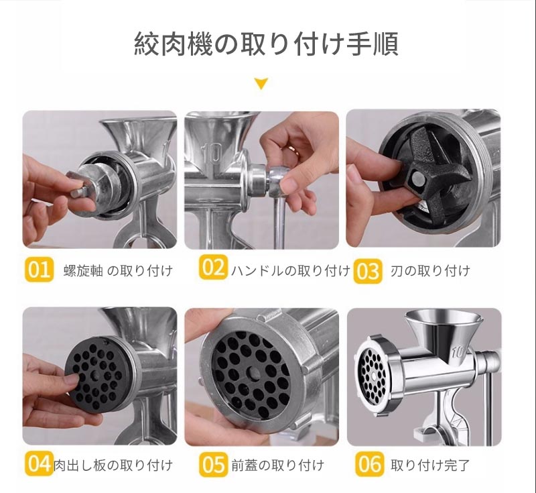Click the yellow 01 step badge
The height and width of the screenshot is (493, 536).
40,270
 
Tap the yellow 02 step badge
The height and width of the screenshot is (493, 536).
213,267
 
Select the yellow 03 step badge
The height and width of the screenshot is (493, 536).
368,271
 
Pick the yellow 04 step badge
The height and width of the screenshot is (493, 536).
40,463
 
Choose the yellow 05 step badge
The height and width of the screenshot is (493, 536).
213,464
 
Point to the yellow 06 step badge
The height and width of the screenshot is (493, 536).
369,464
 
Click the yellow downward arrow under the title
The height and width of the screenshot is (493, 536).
261,84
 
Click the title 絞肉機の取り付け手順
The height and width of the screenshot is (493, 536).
266,44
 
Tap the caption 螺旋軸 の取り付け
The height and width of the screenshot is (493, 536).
118,271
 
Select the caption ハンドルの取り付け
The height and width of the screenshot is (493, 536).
291,270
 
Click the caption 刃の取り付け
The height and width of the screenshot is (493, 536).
430,271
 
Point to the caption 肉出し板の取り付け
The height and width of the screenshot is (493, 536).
113,465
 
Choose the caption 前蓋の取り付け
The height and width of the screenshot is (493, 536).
277,465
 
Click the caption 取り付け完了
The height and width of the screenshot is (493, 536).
430,465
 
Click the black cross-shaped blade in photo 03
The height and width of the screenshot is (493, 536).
435,173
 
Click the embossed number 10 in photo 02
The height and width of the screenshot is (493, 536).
212,154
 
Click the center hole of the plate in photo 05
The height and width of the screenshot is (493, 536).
253,372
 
